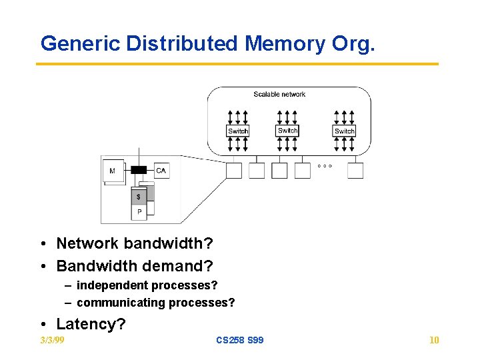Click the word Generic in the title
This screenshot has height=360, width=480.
coord(80,43)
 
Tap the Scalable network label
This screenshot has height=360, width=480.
coord(279,94)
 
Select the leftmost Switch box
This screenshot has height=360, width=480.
coord(238,131)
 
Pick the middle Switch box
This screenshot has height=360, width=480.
coord(287,131)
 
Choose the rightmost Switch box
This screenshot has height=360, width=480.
coord(344,131)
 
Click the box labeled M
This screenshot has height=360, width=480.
coord(113,171)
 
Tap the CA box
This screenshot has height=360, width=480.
coord(161,171)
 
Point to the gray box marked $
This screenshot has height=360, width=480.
coord(139,197)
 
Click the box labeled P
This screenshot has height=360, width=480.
coord(139,212)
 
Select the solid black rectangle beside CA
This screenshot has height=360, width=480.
coord(139,170)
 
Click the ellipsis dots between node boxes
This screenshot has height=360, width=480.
coord(325,166)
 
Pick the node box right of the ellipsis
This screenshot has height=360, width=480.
coord(355,171)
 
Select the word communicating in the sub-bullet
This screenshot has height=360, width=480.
coord(121,303)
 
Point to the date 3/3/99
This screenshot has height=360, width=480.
coord(53,340)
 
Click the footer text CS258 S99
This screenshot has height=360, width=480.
coord(240,340)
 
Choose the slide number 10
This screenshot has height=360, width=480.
coord(434,340)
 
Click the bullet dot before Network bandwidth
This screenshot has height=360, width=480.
coord(43,244)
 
